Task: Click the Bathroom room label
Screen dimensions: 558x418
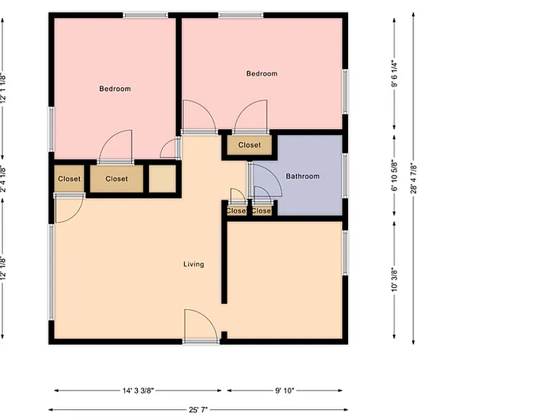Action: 302,176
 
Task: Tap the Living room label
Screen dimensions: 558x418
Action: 193,264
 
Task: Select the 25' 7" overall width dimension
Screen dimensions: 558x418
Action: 198,410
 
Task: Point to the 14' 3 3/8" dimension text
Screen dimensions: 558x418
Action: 138,390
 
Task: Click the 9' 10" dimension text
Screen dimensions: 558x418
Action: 284,390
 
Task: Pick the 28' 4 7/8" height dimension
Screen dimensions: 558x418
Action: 413,178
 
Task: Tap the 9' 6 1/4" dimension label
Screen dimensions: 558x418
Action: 395,74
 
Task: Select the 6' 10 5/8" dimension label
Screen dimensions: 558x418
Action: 395,175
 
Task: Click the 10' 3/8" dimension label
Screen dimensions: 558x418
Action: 395,279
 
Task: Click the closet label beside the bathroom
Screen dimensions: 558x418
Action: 249,145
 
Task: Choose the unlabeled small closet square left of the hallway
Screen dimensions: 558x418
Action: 162,179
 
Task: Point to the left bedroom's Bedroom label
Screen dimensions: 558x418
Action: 115,89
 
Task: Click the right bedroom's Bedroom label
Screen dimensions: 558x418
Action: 262,73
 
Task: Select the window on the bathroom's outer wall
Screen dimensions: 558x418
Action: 345,175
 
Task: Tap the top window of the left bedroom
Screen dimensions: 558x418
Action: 145,15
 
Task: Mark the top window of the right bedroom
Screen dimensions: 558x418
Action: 241,15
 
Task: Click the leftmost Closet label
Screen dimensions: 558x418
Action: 69,179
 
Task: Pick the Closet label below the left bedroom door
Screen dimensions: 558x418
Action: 117,179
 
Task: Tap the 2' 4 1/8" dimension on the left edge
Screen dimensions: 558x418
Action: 3,179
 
